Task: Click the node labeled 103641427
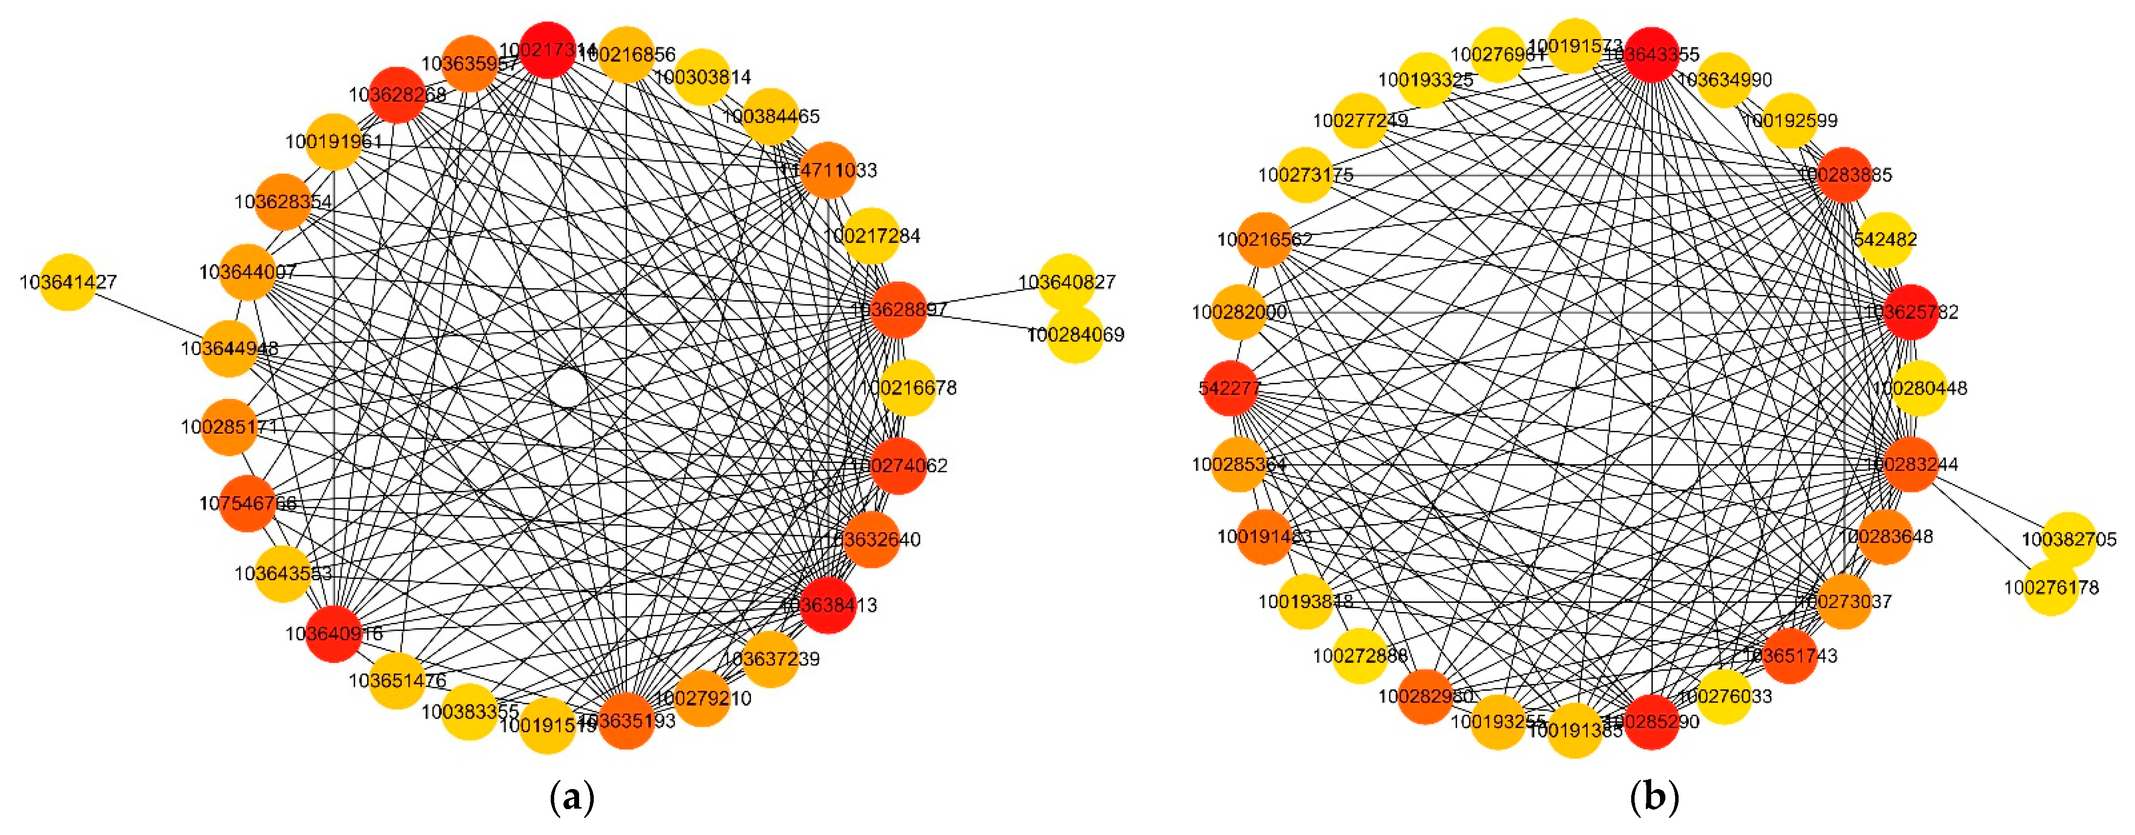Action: [x=68, y=282]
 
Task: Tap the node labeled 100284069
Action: [x=1075, y=335]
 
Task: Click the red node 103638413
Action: [x=828, y=604]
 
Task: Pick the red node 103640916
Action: [x=334, y=634]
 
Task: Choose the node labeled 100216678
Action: [x=907, y=387]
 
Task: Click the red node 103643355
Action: [x=1652, y=55]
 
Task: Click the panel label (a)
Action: [x=572, y=798]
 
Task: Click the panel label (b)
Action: [x=1654, y=798]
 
